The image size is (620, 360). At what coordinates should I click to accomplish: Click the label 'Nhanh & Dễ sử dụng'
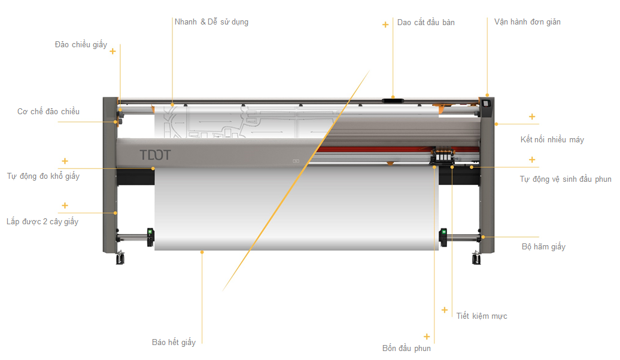(x=211, y=22)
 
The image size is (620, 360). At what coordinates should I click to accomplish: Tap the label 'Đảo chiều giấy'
(x=81, y=45)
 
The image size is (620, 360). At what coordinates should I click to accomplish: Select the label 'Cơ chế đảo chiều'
(x=48, y=111)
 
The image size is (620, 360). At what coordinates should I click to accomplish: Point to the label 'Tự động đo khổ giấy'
(x=43, y=176)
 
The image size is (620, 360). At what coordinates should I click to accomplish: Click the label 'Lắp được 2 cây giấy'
(x=42, y=221)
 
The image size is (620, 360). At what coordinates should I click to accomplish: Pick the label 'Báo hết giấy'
(x=174, y=342)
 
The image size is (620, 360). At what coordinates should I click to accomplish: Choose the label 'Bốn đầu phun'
(x=406, y=348)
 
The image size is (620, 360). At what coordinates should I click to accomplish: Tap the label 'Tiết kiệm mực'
(x=482, y=316)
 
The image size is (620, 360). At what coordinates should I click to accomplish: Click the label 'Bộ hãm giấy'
(x=543, y=246)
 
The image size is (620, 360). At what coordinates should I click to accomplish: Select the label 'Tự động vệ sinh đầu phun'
(x=566, y=179)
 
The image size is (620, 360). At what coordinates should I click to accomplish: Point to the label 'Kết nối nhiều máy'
(x=552, y=139)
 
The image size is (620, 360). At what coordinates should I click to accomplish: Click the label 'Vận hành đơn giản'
(x=527, y=22)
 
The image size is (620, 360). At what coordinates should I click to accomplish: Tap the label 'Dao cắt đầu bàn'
(x=426, y=23)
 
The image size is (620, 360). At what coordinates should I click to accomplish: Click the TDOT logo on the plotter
(x=156, y=155)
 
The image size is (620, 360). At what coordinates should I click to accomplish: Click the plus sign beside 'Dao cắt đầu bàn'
(x=385, y=25)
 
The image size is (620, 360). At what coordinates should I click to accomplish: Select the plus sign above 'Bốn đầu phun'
(x=427, y=337)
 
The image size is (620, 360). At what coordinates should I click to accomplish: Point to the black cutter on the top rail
(x=393, y=100)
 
